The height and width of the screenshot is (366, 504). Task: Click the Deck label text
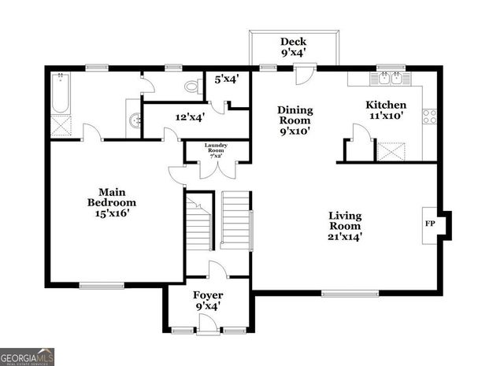pos(294,42)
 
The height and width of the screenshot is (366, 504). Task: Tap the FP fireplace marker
pos(430,224)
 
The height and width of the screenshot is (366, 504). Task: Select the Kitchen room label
pos(386,105)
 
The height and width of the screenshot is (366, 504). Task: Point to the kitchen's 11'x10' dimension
pos(386,116)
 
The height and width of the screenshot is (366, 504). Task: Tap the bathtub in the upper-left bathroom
pos(61,93)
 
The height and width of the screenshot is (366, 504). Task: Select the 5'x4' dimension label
pos(227,79)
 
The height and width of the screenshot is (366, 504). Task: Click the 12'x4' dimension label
pos(190,116)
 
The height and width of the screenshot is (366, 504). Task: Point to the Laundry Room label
pos(216,148)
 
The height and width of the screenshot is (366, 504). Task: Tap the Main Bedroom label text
pos(107,197)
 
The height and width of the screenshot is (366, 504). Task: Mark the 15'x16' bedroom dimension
pos(107,213)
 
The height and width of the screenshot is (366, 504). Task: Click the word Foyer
pos(208,295)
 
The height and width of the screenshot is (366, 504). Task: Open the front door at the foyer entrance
pos(208,323)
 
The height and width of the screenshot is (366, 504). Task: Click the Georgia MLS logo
pos(27,356)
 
